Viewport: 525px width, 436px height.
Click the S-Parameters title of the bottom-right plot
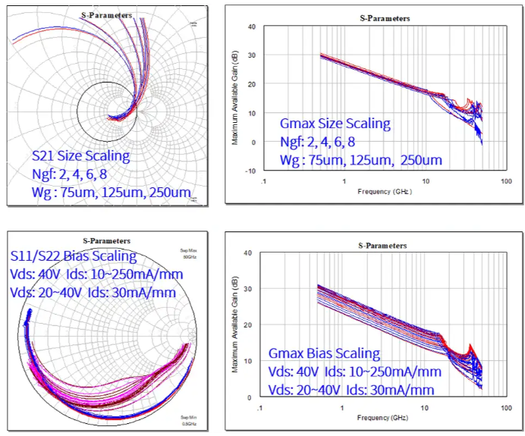(382, 246)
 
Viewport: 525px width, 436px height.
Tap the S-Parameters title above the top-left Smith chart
(106, 15)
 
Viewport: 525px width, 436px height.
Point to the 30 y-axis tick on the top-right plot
(251, 56)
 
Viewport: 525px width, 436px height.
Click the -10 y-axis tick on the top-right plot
(250, 171)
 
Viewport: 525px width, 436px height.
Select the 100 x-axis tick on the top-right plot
(505, 182)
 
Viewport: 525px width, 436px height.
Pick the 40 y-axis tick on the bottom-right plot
(251, 253)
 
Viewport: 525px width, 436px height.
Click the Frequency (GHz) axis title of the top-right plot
(384, 193)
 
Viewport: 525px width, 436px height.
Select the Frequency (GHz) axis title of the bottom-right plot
(384, 418)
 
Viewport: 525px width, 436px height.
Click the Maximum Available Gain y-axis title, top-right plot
(235, 99)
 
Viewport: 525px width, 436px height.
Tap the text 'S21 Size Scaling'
(80, 157)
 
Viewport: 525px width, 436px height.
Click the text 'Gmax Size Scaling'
(335, 124)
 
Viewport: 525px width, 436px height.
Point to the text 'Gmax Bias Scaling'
(324, 354)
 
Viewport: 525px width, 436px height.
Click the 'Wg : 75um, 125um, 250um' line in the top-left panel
(111, 193)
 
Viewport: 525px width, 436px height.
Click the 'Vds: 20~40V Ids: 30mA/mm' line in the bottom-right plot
(351, 390)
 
